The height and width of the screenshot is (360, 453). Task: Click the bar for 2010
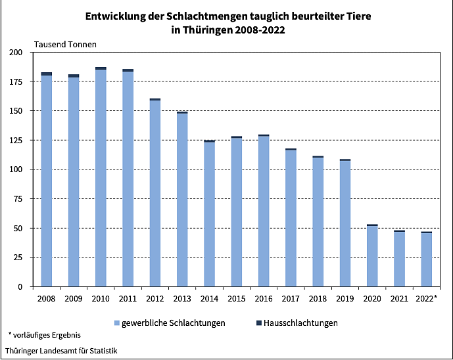[x=101, y=177]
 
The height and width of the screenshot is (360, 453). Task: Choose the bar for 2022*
[x=426, y=259]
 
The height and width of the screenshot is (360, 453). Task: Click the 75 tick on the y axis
[x=18, y=199]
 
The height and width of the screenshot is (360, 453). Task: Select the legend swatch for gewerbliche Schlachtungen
[x=117, y=323]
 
